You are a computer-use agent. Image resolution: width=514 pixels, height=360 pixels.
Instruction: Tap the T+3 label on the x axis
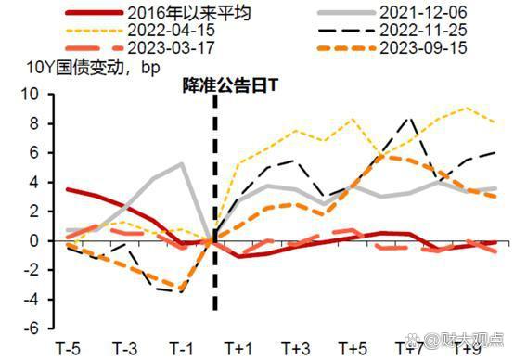click(296, 347)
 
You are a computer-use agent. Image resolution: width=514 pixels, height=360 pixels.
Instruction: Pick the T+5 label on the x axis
click(353, 347)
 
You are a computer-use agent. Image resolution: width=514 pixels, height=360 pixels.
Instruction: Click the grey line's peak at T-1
click(183, 164)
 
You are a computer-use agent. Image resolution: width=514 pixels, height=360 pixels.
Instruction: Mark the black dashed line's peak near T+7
click(411, 118)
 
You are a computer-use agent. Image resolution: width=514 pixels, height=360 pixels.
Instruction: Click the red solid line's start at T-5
click(69, 189)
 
